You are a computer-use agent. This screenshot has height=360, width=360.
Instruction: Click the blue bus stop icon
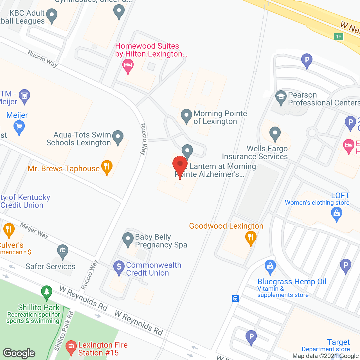coord(235,298)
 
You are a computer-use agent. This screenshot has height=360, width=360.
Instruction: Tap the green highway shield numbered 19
coord(339,37)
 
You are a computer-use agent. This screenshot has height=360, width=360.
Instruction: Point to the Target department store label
coord(338,342)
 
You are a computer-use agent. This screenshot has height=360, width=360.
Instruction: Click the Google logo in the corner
coord(19,353)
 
